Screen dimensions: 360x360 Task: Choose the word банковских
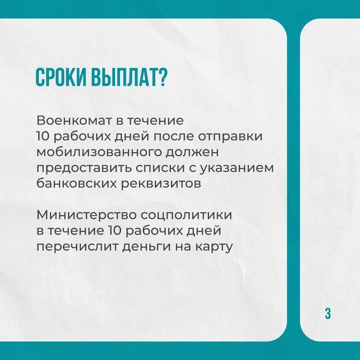(x=77, y=183)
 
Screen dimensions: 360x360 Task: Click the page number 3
(x=328, y=314)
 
